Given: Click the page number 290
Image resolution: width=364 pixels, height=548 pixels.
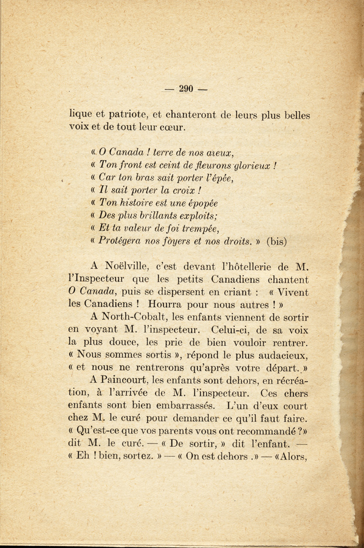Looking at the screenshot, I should pos(186,88).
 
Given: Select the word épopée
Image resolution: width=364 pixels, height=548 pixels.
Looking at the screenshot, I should pos(199,203).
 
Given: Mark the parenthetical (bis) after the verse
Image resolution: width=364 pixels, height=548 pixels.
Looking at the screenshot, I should pos(277,241).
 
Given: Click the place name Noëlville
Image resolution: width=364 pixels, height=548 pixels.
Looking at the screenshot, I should pos(127,266).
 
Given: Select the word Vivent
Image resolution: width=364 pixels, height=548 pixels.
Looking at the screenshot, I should pos(290,293).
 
